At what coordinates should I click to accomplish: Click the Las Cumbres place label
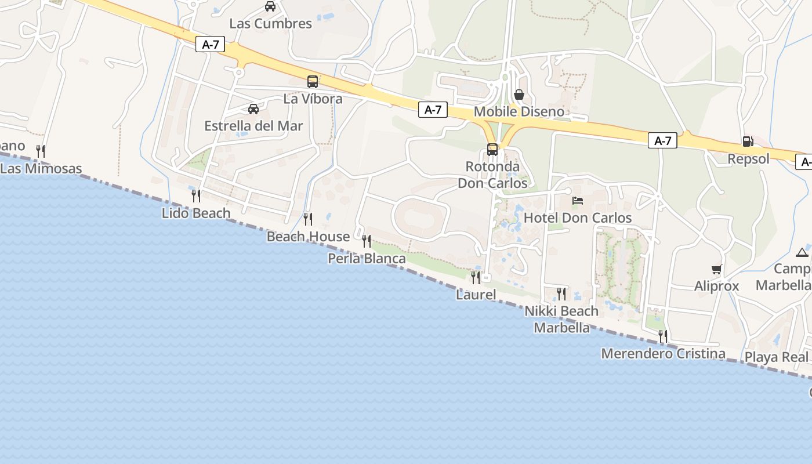(x=270, y=24)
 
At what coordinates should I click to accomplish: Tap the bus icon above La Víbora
(x=313, y=82)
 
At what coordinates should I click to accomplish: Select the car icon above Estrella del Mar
(x=253, y=108)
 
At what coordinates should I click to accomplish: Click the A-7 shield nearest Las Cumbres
(x=210, y=45)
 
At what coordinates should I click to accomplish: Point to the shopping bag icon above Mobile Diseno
(x=519, y=94)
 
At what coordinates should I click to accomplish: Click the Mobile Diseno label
(x=519, y=111)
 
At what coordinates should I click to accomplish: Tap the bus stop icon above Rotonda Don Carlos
(x=492, y=150)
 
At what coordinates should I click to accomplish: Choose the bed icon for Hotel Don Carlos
(x=578, y=201)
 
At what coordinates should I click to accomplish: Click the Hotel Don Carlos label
(x=578, y=218)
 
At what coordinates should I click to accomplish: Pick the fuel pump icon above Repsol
(x=748, y=141)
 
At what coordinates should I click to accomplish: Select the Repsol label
(x=748, y=159)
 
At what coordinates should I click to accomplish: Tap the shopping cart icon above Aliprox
(x=717, y=269)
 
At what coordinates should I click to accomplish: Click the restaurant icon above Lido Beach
(x=196, y=195)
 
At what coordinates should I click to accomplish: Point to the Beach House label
(x=308, y=237)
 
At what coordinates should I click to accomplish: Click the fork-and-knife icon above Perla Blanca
(x=367, y=241)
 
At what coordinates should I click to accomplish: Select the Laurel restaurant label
(x=476, y=295)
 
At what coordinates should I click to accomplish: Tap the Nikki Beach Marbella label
(x=561, y=320)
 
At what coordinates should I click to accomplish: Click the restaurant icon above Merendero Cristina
(x=663, y=336)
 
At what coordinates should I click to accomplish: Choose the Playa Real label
(x=776, y=357)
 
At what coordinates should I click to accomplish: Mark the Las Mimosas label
(x=41, y=169)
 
